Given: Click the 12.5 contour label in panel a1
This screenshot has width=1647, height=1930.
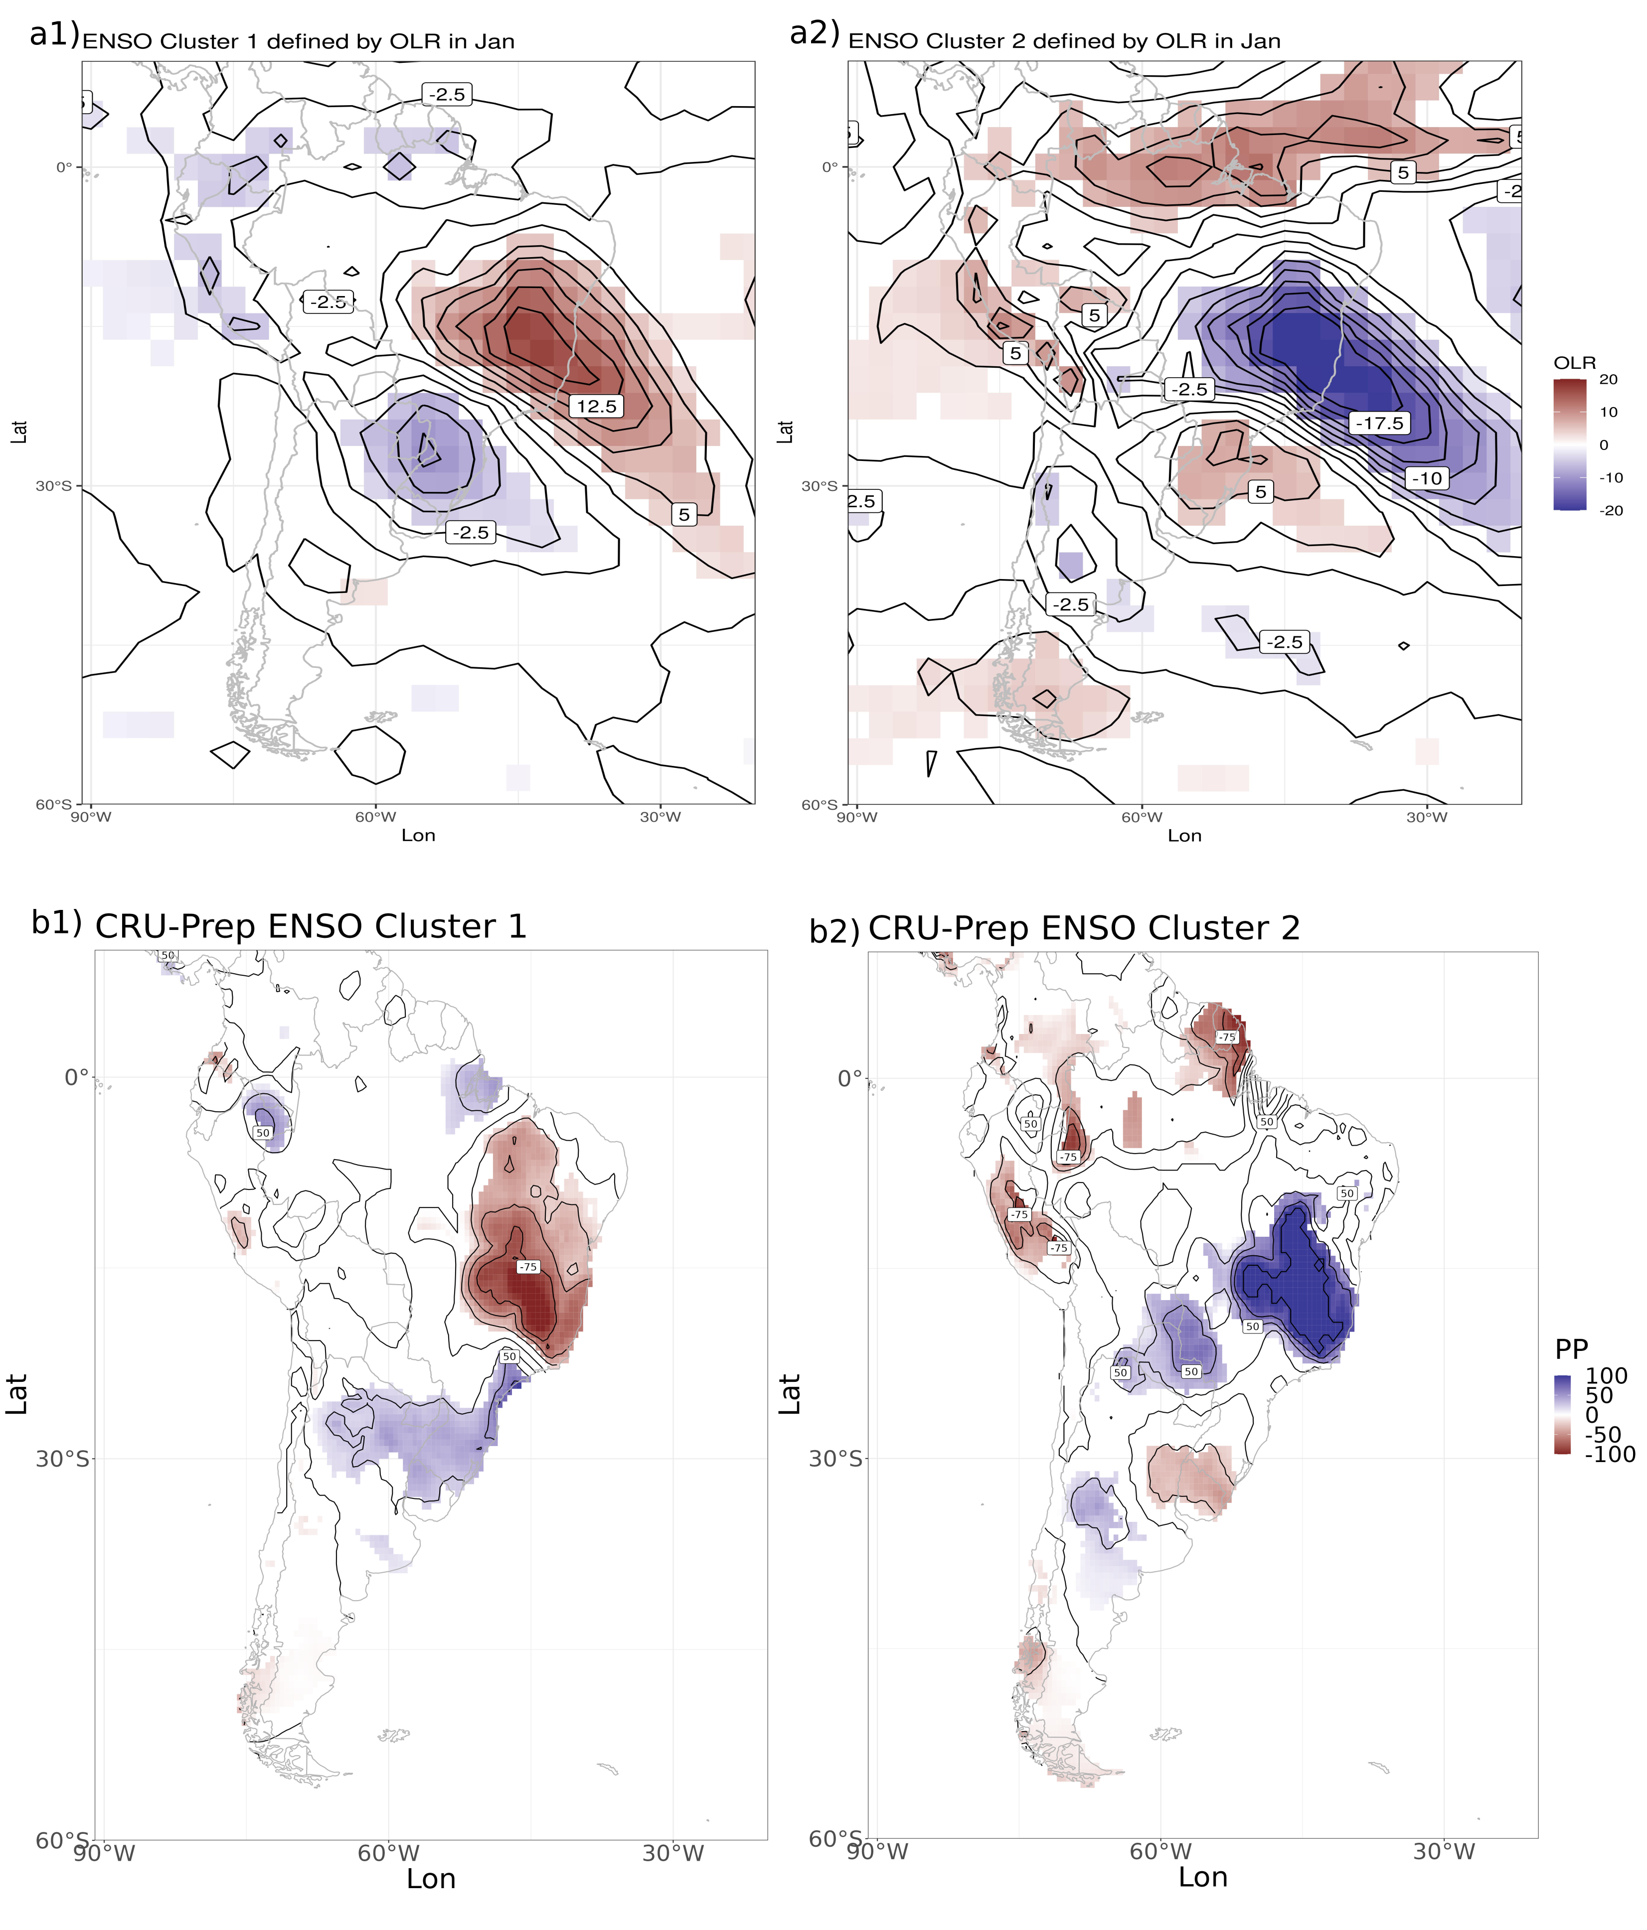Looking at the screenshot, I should (596, 406).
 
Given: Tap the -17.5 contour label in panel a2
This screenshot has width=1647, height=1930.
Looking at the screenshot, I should (1379, 423).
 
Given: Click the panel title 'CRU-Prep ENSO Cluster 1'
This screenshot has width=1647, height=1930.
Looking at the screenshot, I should (310, 927).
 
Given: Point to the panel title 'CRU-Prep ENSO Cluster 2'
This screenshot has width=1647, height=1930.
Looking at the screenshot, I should (1083, 929).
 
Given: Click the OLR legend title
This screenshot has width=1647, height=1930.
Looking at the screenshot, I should (1574, 362).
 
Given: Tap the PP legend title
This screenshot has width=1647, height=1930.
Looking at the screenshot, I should (1572, 1349).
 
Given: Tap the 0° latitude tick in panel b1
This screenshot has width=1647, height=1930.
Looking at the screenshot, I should (76, 1078).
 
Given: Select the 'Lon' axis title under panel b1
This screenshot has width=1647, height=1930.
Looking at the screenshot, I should (430, 1879).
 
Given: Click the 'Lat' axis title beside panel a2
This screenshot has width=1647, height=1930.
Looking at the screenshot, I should (785, 431).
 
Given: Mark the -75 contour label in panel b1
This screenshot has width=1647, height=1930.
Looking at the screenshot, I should (528, 1267).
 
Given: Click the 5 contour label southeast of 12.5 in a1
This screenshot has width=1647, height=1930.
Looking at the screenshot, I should (684, 514).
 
